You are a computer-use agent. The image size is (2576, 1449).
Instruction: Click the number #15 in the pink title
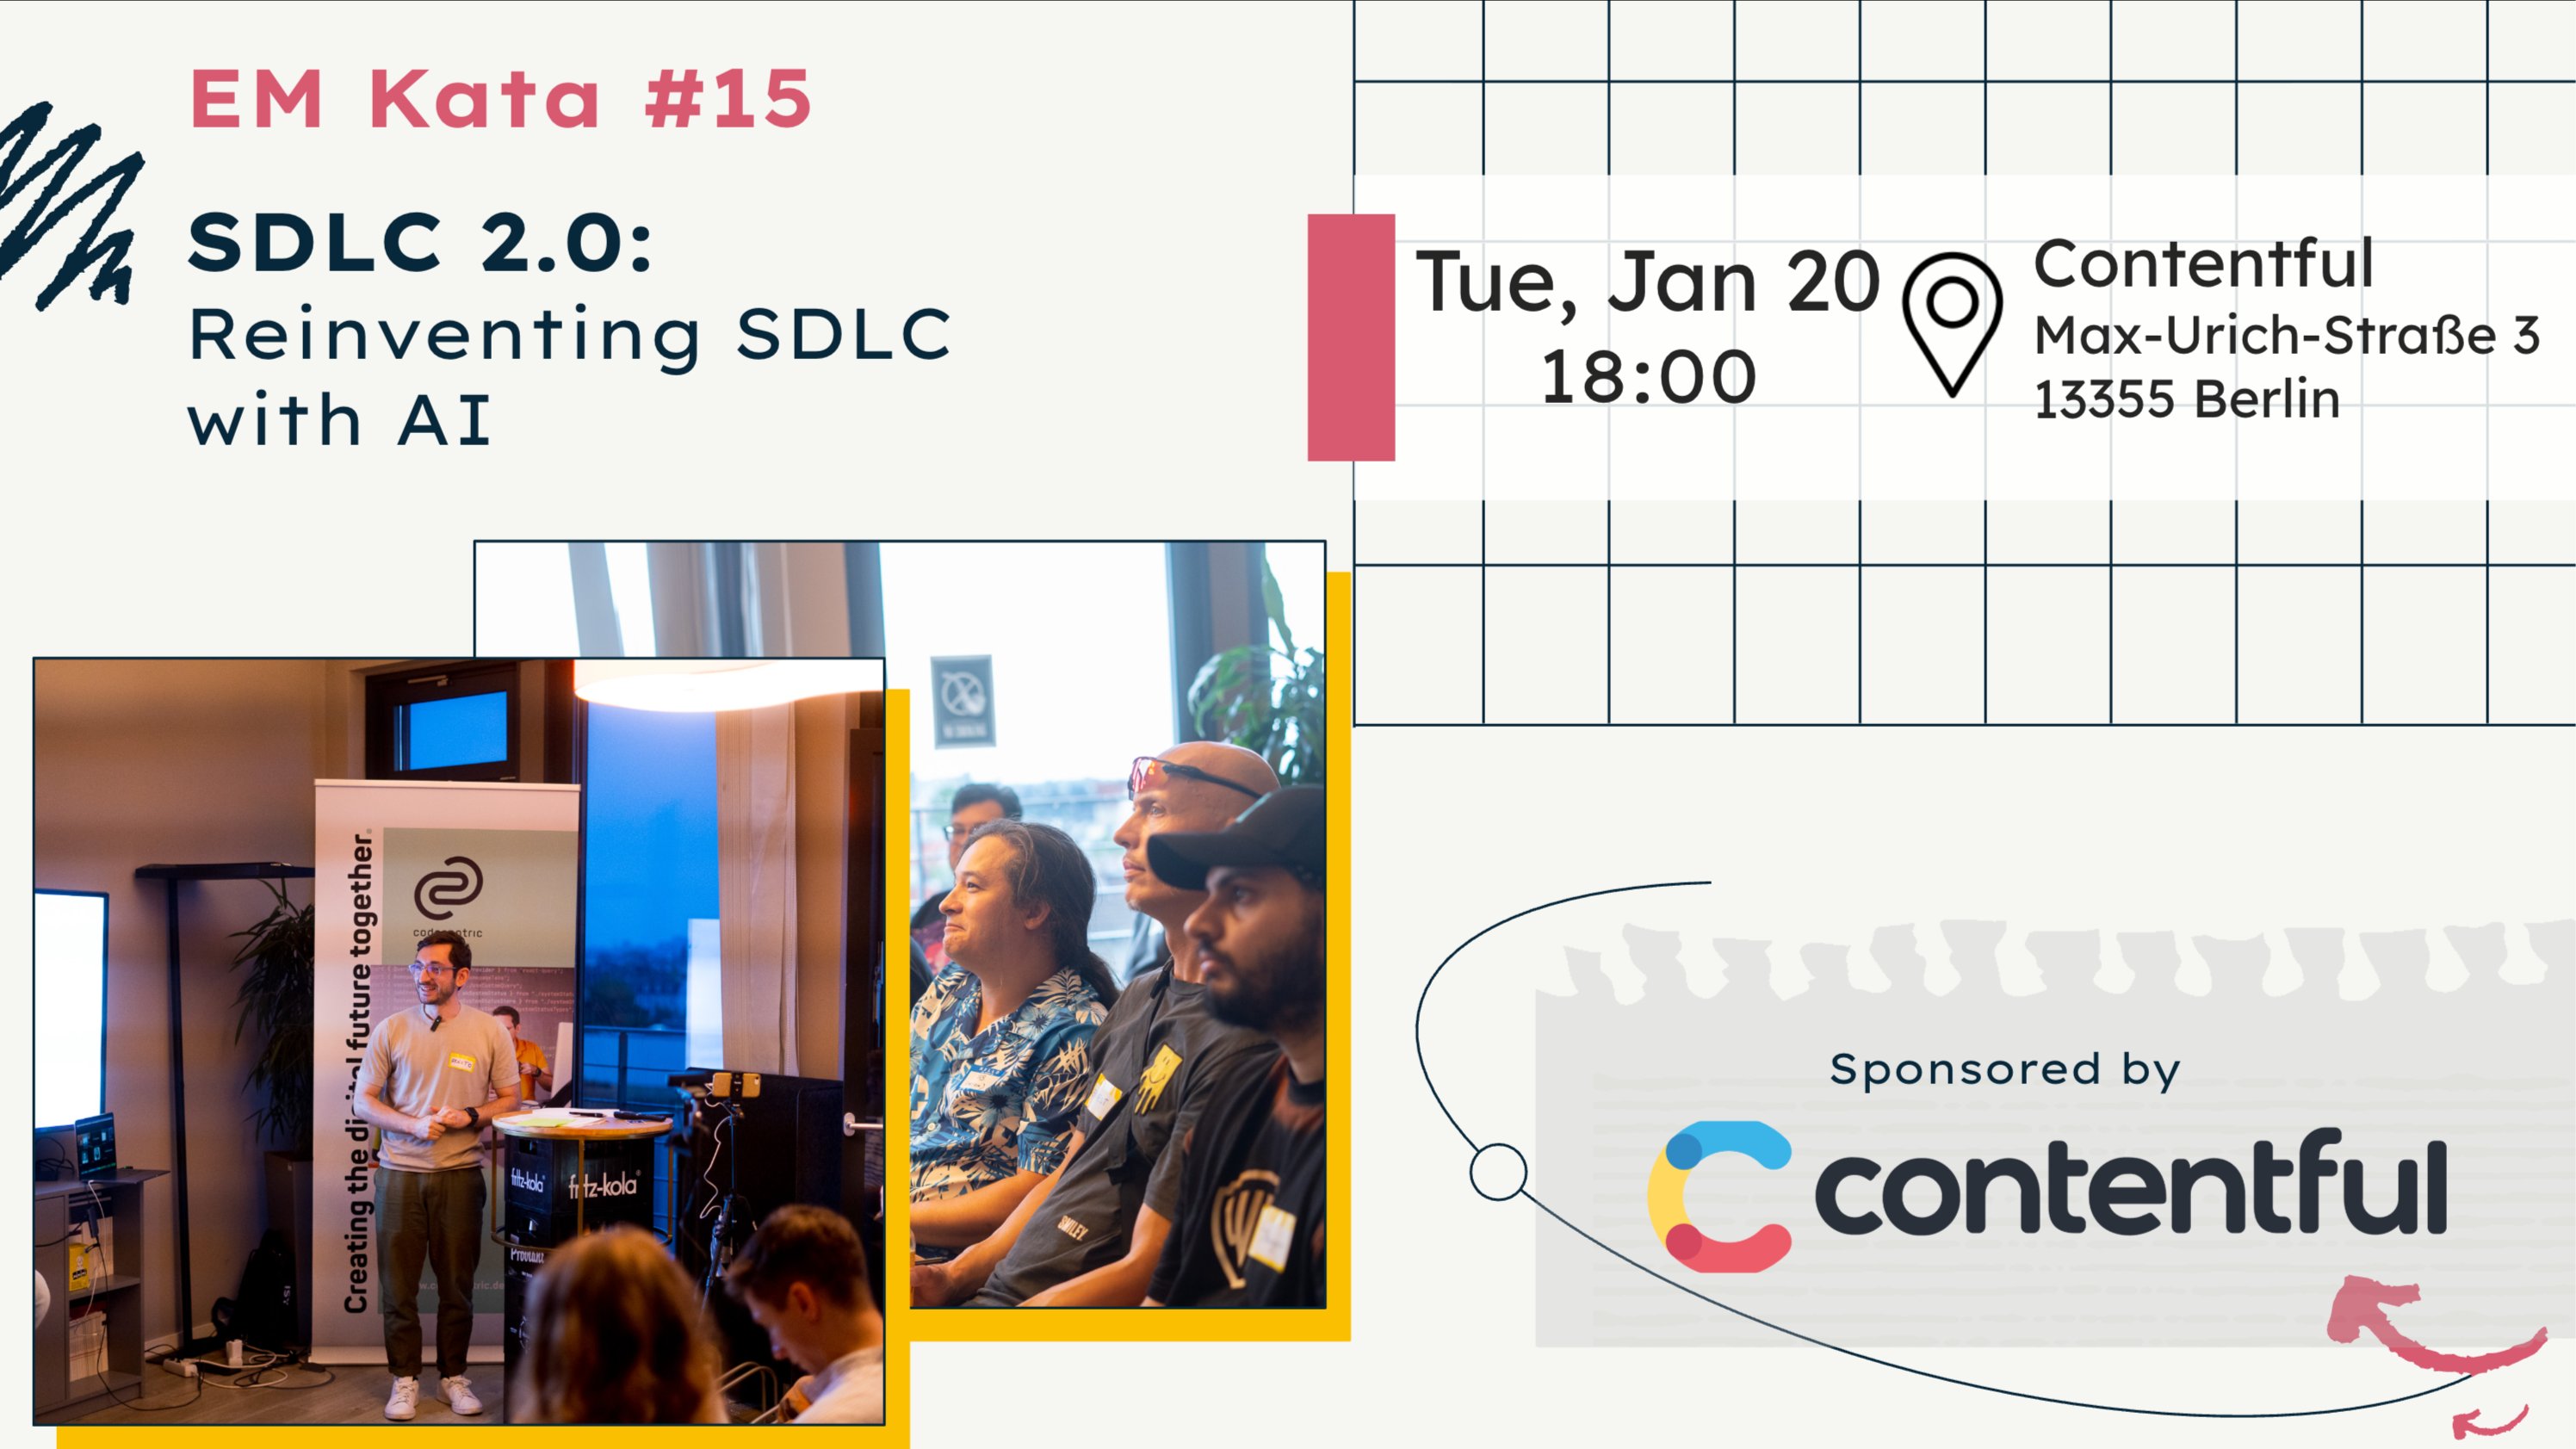point(728,99)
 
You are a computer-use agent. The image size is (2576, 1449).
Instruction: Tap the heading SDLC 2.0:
point(420,243)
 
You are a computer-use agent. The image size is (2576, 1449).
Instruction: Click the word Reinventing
point(445,335)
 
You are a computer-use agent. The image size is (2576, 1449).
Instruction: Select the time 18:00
point(1648,378)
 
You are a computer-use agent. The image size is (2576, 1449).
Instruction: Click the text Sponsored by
point(2004,1069)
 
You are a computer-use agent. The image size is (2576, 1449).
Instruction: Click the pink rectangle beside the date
point(1351,337)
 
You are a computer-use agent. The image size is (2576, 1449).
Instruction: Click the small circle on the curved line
point(1498,1171)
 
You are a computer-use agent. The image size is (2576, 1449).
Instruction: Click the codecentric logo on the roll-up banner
point(448,890)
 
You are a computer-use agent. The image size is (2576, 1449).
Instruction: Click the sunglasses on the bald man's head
point(1190,775)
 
